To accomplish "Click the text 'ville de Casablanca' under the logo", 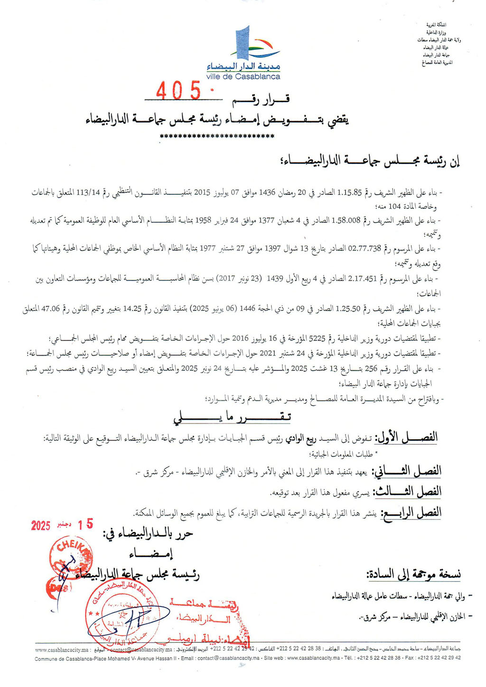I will [x=243, y=76].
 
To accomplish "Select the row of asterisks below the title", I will [x=217, y=137].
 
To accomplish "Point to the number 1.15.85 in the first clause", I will [x=349, y=193].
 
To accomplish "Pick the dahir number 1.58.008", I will [x=346, y=220].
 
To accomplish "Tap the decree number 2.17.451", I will [x=362, y=279].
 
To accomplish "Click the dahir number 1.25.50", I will [x=349, y=309].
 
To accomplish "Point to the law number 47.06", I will [x=50, y=309].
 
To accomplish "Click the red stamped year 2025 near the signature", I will [x=41, y=526].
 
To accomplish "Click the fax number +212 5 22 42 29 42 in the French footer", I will [x=439, y=658].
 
